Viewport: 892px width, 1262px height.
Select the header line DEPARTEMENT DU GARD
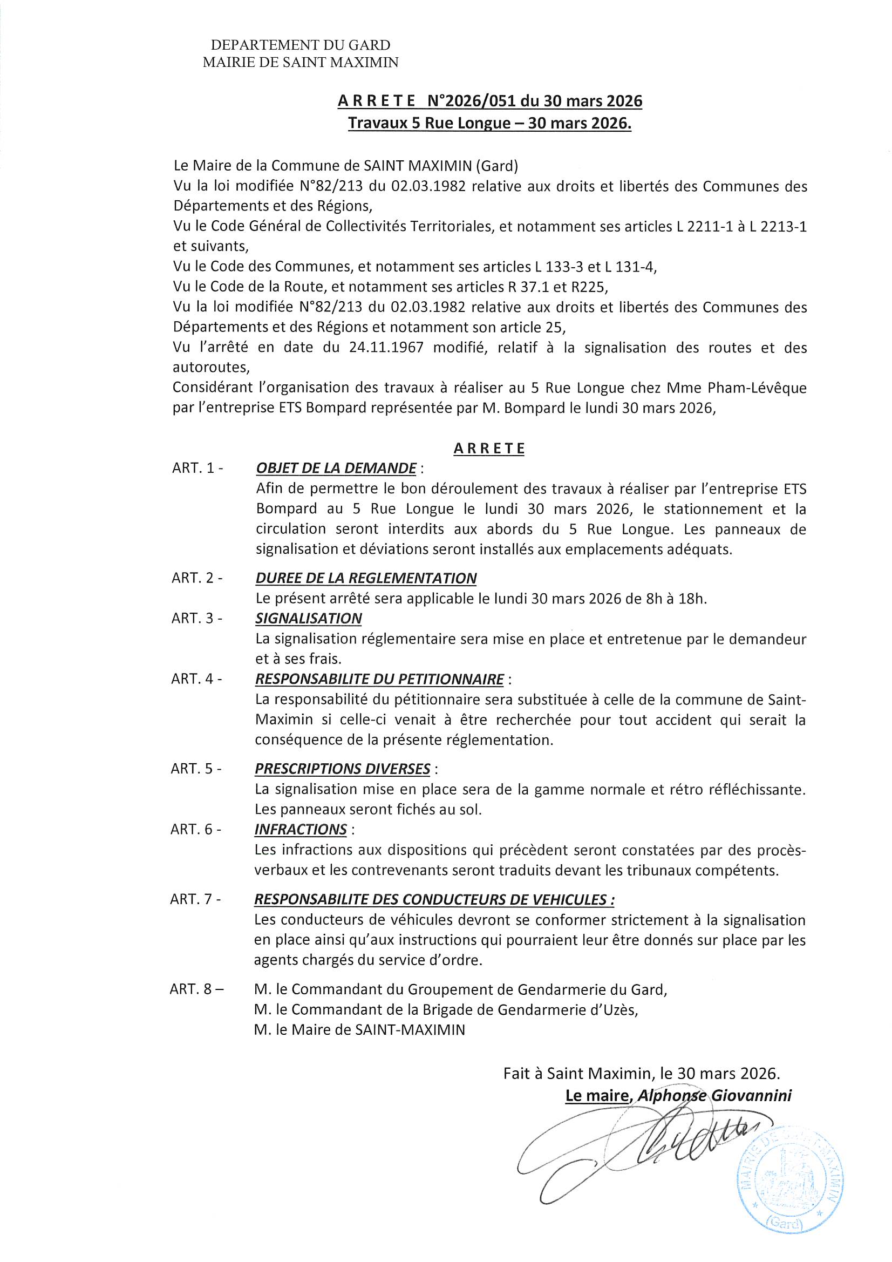coord(300,45)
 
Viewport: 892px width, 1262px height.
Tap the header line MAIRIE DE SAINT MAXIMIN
coord(300,63)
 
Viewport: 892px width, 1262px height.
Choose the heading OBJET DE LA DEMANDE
coord(336,469)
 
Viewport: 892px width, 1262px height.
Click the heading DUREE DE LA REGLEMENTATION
coord(366,578)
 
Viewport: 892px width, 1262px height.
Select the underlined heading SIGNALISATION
coord(308,619)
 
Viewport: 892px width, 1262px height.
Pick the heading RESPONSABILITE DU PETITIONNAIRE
coord(379,680)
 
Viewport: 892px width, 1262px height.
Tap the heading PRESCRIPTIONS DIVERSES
coord(343,769)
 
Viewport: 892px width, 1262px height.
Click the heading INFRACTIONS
coord(301,830)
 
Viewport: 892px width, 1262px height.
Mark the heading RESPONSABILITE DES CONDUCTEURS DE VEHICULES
coord(434,900)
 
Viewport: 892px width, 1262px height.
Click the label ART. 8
coord(197,989)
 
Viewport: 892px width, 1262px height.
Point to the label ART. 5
coord(196,769)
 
